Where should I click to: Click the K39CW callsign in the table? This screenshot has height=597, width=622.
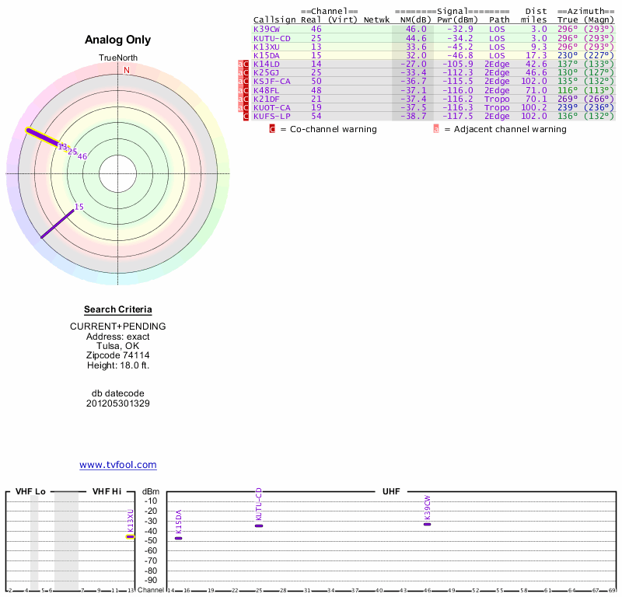265,29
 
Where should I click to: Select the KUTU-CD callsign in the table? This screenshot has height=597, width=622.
271,37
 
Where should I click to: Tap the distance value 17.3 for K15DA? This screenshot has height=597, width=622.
536,55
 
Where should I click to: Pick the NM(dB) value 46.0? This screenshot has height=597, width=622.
416,29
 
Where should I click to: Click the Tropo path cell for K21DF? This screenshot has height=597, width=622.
498,99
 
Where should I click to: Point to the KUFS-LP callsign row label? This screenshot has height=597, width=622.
271,116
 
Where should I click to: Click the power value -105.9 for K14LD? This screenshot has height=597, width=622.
454,64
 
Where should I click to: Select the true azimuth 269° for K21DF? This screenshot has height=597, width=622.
568,99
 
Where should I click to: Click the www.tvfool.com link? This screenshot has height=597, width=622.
118,465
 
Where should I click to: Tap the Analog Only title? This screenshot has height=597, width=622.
118,40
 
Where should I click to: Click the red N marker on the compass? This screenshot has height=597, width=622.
126,70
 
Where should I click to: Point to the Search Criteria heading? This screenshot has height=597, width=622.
118,309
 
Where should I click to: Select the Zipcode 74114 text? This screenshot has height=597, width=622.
118,355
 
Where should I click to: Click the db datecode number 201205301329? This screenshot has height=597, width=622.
118,403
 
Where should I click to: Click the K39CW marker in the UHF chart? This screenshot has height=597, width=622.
427,524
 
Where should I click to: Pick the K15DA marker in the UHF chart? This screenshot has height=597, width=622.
178,538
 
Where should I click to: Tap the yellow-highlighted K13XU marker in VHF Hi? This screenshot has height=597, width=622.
131,536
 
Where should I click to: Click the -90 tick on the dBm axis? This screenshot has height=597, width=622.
151,580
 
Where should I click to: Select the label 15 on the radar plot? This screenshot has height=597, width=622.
79,207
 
